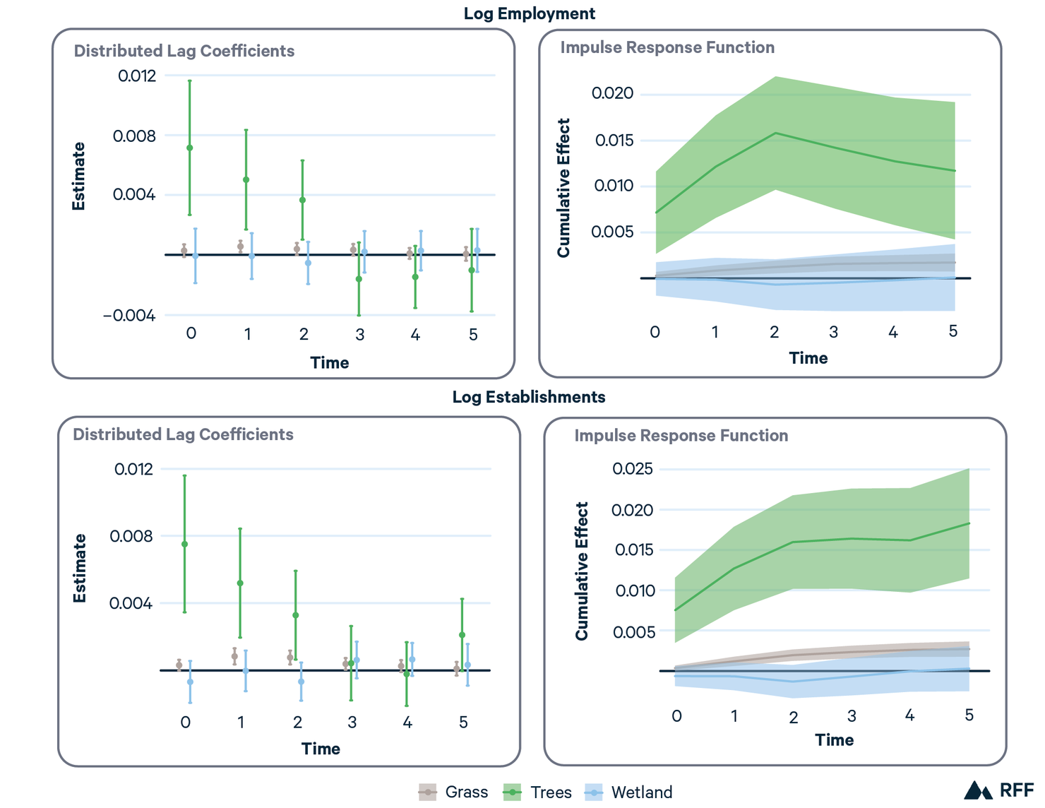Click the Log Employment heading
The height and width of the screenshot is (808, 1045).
click(x=529, y=13)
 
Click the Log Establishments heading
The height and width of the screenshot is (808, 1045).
click(x=528, y=397)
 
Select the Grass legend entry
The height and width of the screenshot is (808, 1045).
click(x=453, y=792)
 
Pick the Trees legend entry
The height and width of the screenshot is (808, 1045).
click(x=537, y=792)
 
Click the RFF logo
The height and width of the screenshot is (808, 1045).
click(x=998, y=790)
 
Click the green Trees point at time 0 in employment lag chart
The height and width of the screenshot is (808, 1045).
click(x=190, y=148)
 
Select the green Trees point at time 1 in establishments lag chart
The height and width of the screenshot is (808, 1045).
click(x=240, y=583)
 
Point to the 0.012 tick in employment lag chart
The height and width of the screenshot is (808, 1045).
click(x=137, y=76)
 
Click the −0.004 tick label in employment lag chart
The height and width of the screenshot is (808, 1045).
click(x=129, y=316)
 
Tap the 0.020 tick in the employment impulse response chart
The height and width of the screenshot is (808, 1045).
click(x=612, y=93)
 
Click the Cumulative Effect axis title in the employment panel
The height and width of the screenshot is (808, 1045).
click(x=563, y=188)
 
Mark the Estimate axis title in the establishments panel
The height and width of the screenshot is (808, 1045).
click(x=80, y=569)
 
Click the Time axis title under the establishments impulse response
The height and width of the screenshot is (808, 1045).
click(x=834, y=740)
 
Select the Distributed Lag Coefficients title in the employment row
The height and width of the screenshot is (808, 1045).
click(x=184, y=51)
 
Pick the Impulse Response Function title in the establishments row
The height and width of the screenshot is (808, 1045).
click(x=681, y=436)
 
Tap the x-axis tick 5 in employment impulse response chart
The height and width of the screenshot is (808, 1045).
click(x=953, y=331)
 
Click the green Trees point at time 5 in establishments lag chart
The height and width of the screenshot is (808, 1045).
click(x=462, y=635)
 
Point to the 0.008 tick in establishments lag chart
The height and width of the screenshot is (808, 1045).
click(x=131, y=536)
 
